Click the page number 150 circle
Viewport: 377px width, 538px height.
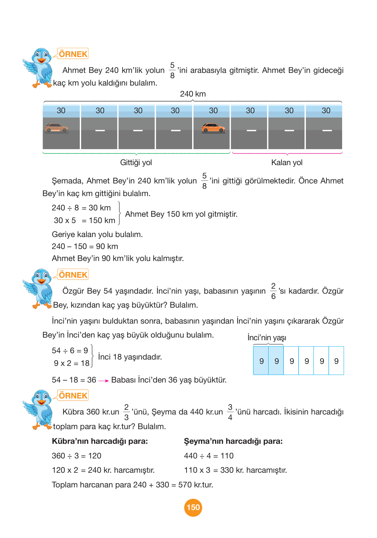(x=193, y=507)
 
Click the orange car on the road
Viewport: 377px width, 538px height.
(x=213, y=128)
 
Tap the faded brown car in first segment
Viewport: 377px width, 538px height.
(x=57, y=128)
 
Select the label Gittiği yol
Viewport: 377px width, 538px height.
(x=136, y=162)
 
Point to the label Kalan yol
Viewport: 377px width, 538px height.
(x=287, y=162)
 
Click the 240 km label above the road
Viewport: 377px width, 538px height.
(x=193, y=94)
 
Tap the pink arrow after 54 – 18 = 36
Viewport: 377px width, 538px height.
(x=104, y=381)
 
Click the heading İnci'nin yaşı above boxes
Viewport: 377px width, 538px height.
(x=267, y=338)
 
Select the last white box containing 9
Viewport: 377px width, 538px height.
(x=336, y=361)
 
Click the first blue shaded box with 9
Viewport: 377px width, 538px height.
(x=261, y=361)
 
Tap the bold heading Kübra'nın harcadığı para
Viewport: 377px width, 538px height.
(x=100, y=441)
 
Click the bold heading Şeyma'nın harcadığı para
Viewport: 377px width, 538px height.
(x=233, y=441)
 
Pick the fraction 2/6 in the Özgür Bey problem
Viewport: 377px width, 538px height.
(x=273, y=291)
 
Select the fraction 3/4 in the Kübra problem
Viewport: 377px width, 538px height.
(x=230, y=412)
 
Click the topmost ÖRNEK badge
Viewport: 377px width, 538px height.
(x=73, y=54)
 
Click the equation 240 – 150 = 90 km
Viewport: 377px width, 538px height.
(x=85, y=246)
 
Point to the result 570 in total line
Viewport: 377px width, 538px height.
(x=185, y=485)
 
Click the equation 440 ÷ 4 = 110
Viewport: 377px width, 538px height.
(x=209, y=456)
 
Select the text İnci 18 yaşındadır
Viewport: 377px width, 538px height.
(x=130, y=357)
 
